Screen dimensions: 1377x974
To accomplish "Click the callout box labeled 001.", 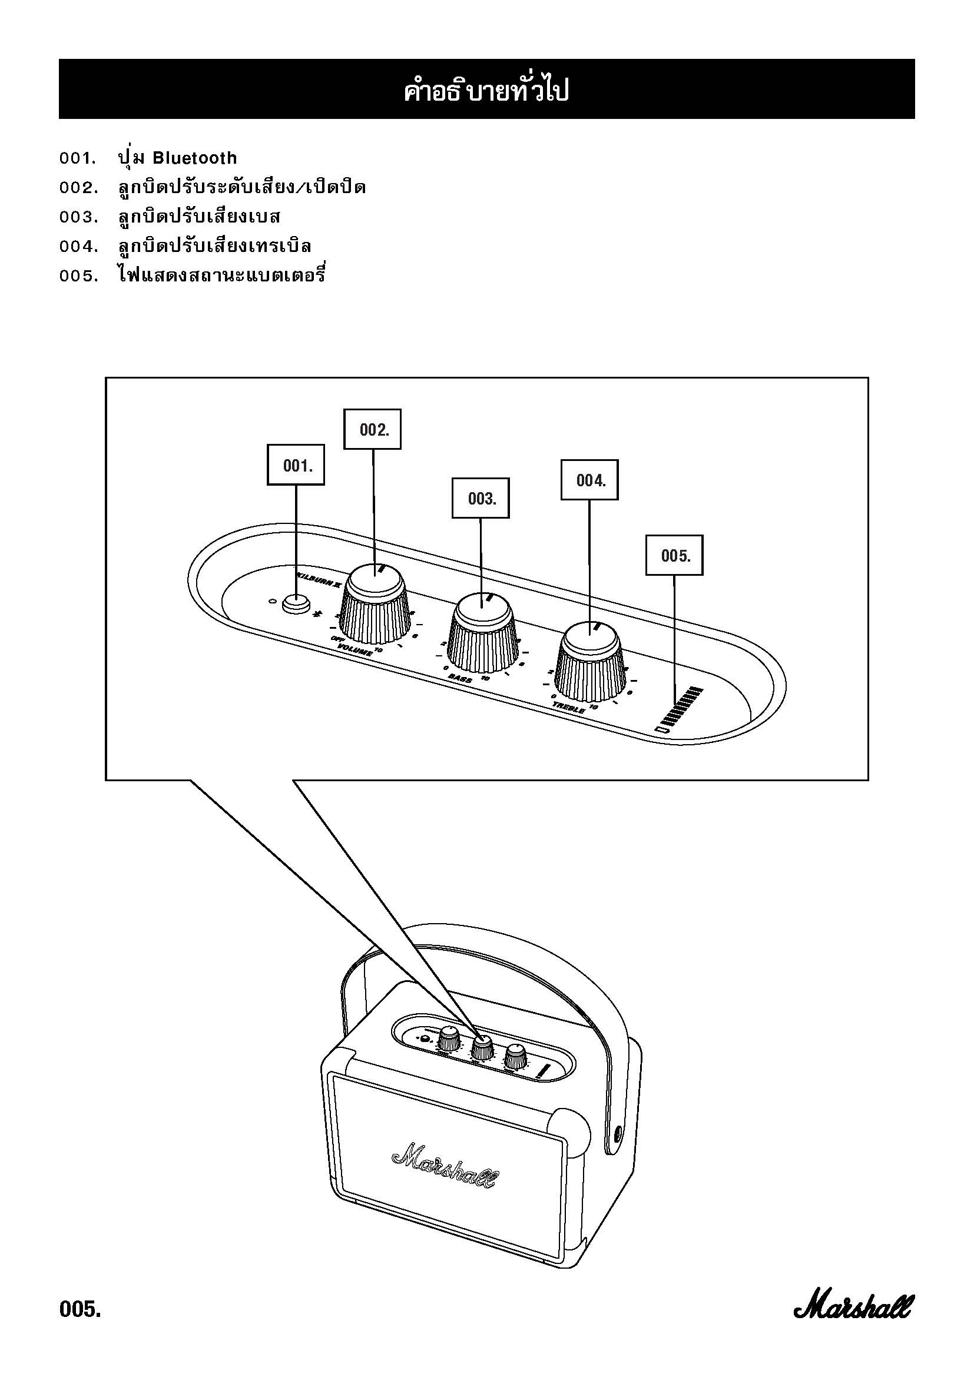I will click(295, 465).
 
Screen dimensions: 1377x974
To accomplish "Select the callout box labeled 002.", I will click(372, 429).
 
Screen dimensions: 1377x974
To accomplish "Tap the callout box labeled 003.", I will click(480, 498).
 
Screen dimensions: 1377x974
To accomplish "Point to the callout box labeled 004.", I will click(589, 480).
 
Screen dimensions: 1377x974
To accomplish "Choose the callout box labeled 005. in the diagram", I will click(674, 555).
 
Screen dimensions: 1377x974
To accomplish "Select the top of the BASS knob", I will click(483, 609).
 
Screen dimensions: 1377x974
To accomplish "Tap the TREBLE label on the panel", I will click(569, 708).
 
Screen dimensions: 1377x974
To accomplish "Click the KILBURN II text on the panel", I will click(319, 578).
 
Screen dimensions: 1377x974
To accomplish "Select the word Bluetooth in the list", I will click(194, 158).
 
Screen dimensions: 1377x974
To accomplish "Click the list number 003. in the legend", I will click(78, 217).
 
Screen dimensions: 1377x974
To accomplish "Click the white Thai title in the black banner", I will click(486, 91).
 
